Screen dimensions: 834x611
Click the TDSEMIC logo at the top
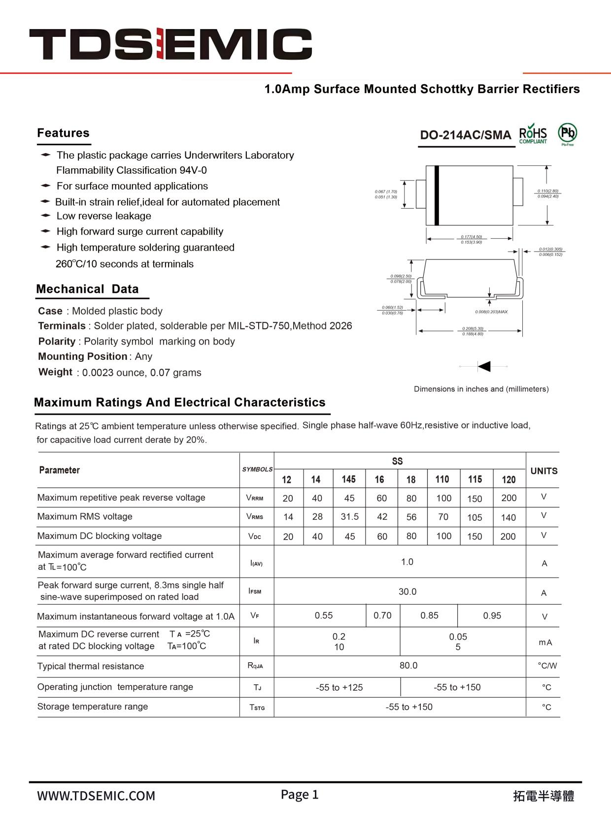170,44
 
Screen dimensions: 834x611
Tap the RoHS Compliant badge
533,134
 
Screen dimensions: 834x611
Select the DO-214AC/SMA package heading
465,135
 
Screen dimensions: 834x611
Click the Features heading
63,133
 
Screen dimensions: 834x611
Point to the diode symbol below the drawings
484,366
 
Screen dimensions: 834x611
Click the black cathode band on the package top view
437,195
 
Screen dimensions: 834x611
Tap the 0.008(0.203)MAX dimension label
491,312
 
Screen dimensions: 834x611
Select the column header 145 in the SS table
348,479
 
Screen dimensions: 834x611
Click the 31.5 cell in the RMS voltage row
349,516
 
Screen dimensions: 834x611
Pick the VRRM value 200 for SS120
509,498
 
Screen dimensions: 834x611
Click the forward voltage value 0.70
382,615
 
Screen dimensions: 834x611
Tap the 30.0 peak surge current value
407,592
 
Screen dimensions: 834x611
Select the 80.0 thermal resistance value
408,666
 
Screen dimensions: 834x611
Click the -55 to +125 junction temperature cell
339,687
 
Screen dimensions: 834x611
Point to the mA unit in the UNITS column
545,642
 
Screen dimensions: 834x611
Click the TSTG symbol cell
257,707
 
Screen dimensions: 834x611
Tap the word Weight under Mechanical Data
55,372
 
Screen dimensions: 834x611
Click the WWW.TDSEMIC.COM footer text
96,796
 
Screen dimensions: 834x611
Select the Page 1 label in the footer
300,795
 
